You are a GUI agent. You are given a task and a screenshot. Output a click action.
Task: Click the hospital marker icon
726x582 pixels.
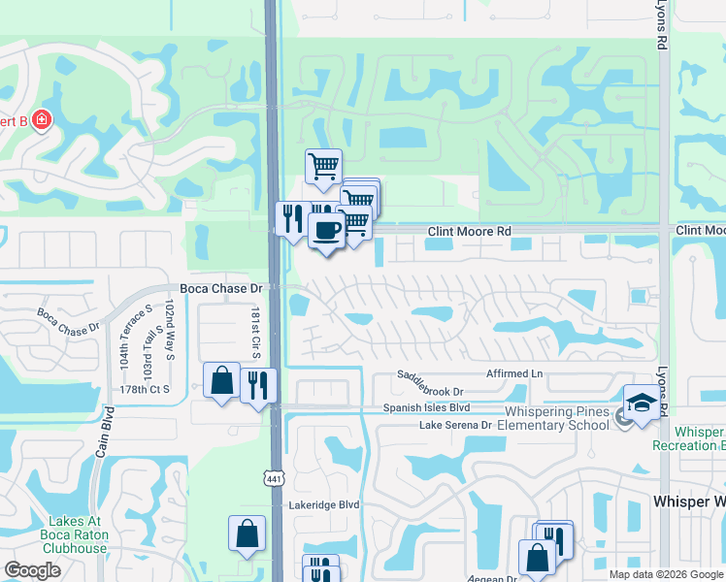41,121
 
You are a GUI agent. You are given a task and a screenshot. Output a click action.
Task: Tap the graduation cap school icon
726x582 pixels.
640,402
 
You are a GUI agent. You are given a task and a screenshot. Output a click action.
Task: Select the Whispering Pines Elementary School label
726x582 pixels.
555,418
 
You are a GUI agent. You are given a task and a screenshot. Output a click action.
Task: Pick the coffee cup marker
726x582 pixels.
325,231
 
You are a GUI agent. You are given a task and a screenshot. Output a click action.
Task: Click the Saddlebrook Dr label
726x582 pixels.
436,391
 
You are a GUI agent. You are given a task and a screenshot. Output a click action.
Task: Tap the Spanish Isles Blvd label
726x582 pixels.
426,408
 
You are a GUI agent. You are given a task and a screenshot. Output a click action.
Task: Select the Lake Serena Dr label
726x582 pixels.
455,426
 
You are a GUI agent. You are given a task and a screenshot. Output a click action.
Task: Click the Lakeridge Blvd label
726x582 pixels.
324,505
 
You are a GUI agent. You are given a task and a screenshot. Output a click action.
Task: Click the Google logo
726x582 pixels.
33,570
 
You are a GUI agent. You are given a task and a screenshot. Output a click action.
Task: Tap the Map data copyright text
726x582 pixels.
667,574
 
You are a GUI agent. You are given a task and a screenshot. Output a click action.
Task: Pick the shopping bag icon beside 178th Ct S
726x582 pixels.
221,380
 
